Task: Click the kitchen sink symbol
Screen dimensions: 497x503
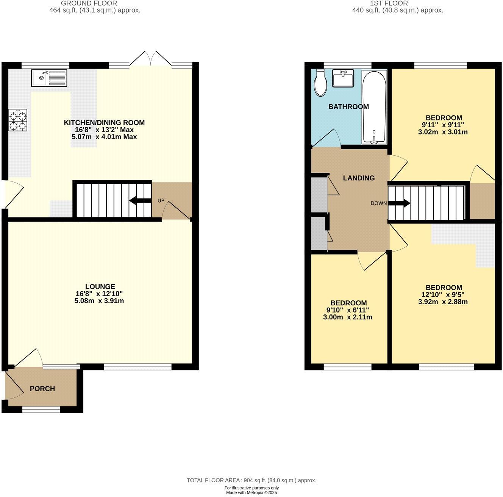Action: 49,78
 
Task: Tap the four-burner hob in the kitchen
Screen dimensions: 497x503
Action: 18,120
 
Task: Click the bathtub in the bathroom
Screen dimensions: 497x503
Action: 374,107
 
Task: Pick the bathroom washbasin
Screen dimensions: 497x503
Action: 343,78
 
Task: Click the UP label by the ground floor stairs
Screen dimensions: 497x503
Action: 161,200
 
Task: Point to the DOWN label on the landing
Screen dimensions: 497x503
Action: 378,203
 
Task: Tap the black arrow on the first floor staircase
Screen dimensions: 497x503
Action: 399,203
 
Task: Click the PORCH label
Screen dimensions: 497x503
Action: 42,389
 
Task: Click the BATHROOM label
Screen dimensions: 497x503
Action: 348,107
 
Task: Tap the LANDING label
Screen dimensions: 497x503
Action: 359,178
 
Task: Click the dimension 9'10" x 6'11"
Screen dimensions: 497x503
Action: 348,310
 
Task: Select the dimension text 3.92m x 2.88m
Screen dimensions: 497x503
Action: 443,302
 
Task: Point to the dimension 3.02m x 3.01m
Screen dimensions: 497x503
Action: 443,132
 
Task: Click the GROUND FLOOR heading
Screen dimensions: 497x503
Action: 89,3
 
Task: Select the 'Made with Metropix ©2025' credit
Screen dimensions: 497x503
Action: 251,493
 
